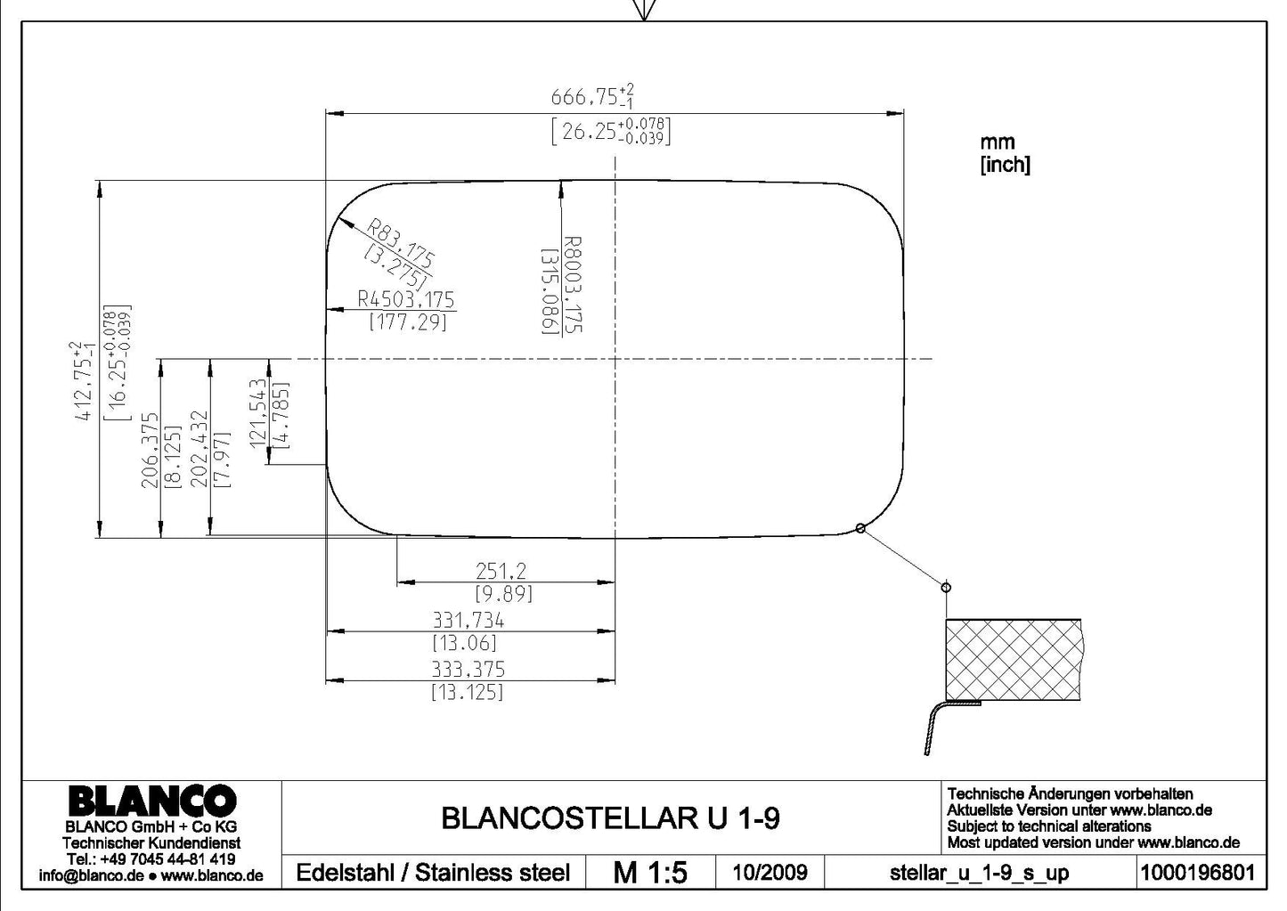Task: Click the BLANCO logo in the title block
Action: (x=152, y=801)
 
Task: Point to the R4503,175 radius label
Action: (x=405, y=299)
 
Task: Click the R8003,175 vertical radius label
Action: (x=573, y=284)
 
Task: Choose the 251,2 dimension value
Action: (x=501, y=571)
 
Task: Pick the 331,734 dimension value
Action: (x=468, y=621)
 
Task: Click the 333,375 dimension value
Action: (x=468, y=670)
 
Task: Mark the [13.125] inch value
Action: (x=467, y=692)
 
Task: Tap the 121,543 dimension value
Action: (x=258, y=411)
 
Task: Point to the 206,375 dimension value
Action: (x=150, y=451)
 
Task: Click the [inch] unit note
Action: (x=1006, y=165)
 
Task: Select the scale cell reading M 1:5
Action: (x=650, y=873)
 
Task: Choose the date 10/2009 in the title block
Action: (x=770, y=873)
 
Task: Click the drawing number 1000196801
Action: (x=1198, y=873)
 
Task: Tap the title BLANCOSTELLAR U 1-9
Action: (x=611, y=818)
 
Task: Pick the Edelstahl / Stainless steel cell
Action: (x=433, y=873)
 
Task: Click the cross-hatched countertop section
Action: (x=1014, y=660)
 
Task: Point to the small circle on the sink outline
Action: (x=860, y=528)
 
